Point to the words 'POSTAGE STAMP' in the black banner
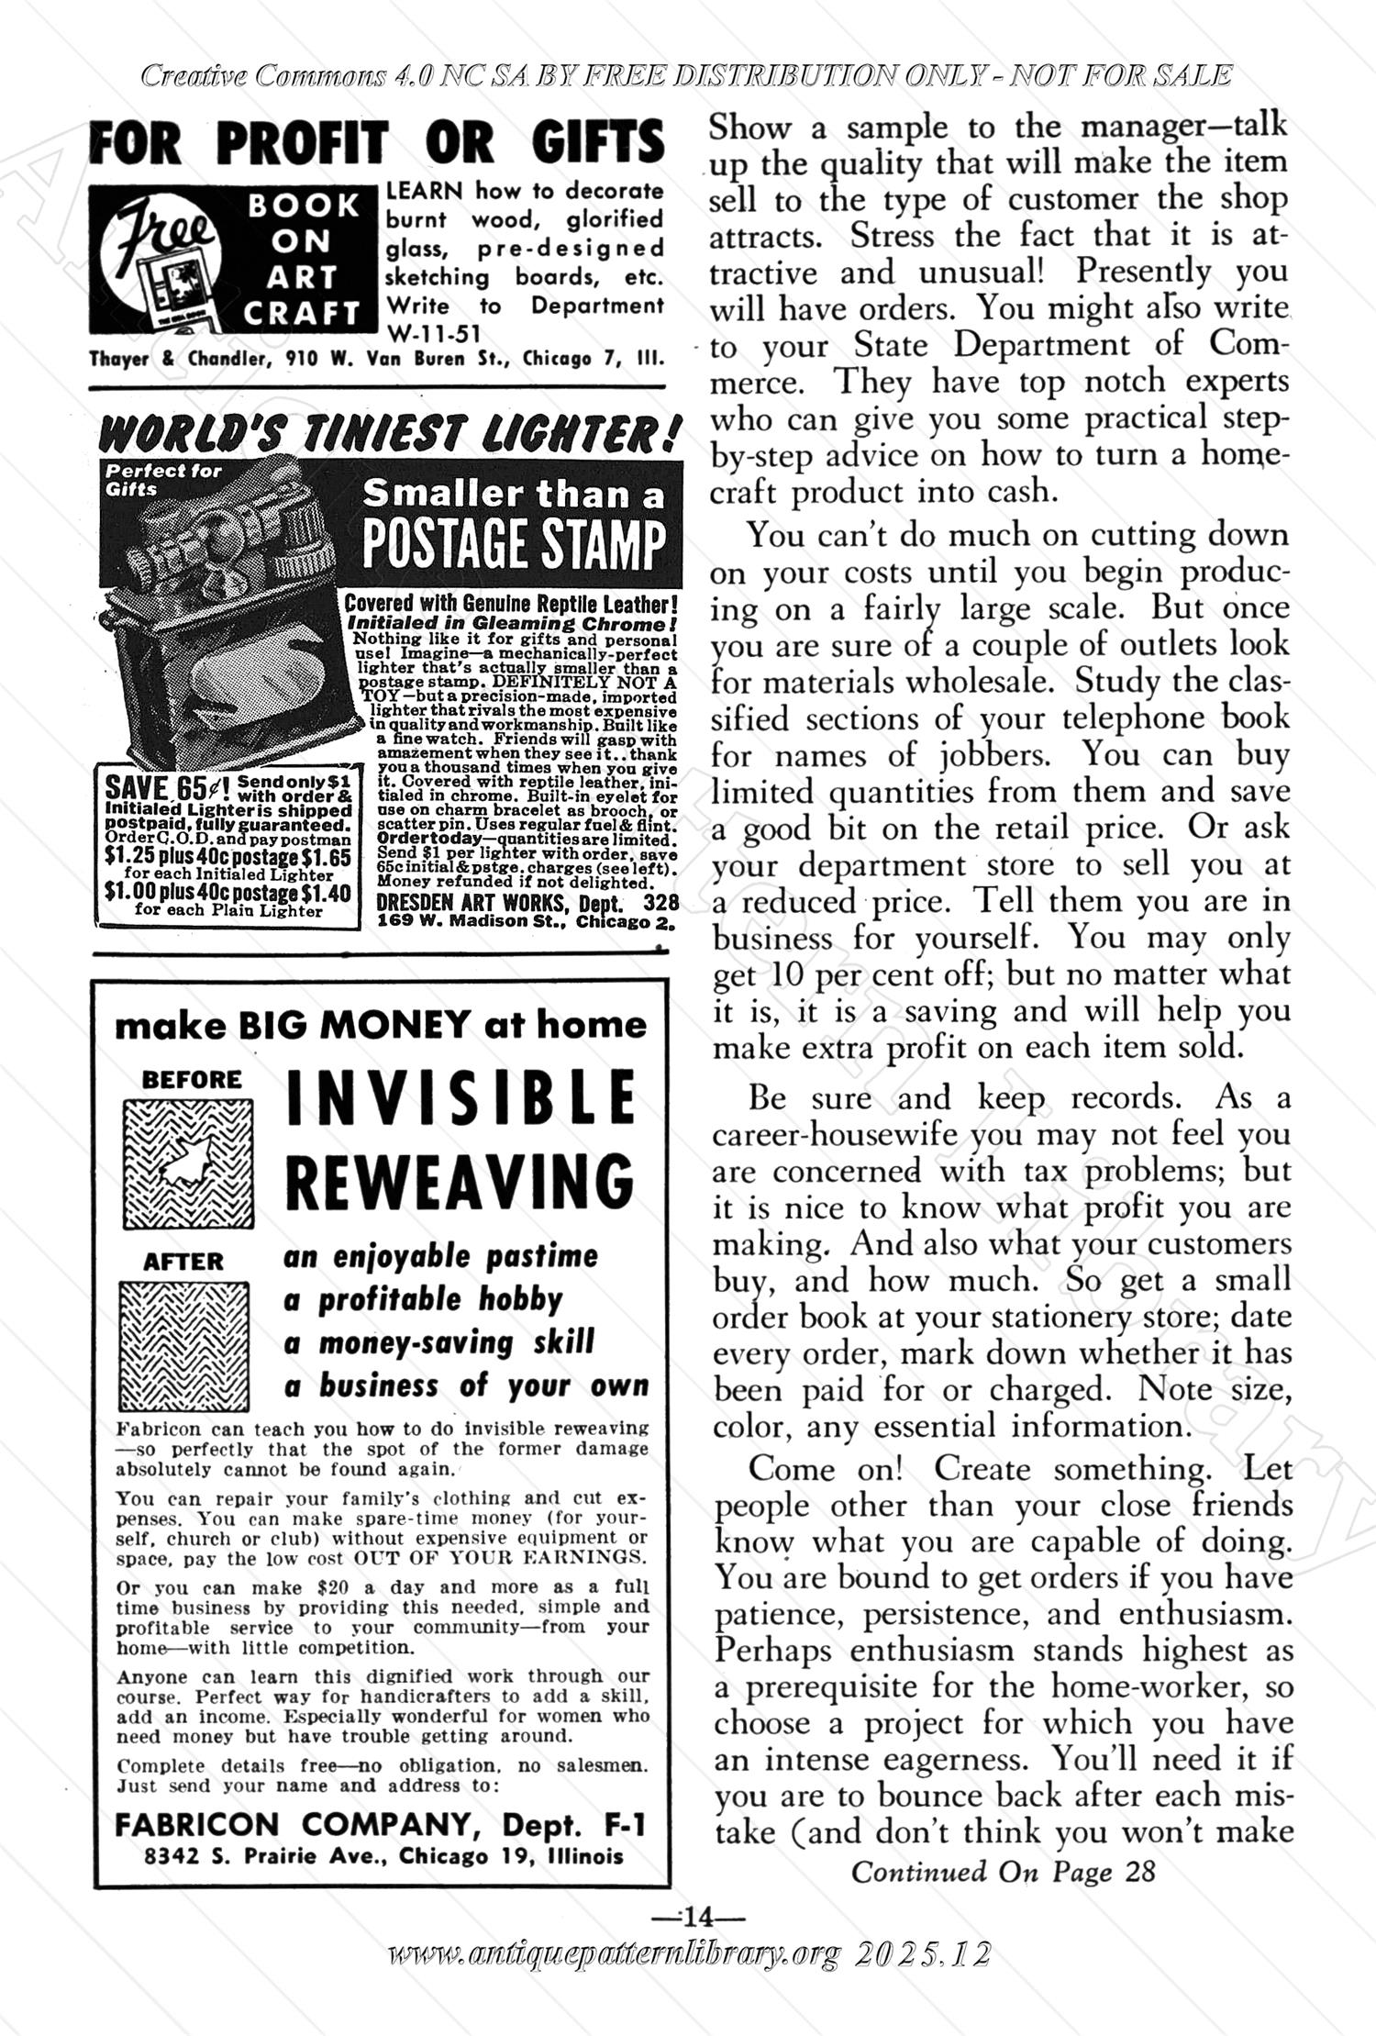(514, 546)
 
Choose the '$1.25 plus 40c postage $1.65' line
(227, 857)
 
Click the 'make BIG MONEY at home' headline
(381, 1025)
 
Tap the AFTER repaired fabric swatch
(184, 1345)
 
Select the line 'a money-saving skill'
(438, 1343)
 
